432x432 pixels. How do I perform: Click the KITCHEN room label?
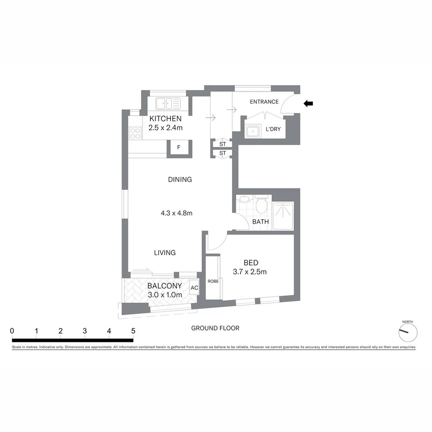point(166,119)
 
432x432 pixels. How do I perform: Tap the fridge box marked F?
point(179,147)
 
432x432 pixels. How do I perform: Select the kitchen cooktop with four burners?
point(135,133)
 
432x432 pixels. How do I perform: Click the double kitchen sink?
point(168,103)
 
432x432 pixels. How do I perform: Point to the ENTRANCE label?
point(264,102)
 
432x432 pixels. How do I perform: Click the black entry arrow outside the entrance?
point(308,104)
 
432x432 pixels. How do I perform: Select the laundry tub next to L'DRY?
point(253,131)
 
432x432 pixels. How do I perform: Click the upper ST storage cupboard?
point(223,144)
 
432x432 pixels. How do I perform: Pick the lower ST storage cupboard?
point(223,153)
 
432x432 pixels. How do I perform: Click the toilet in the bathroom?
point(262,205)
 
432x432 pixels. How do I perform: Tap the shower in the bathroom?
point(283,215)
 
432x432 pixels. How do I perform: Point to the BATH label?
point(260,222)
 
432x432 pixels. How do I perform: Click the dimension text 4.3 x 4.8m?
point(176,213)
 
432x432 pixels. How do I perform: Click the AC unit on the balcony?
point(194,288)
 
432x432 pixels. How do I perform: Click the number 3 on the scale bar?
point(85,331)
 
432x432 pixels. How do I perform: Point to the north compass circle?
point(408,332)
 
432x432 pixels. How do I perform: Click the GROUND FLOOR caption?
point(215,328)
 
